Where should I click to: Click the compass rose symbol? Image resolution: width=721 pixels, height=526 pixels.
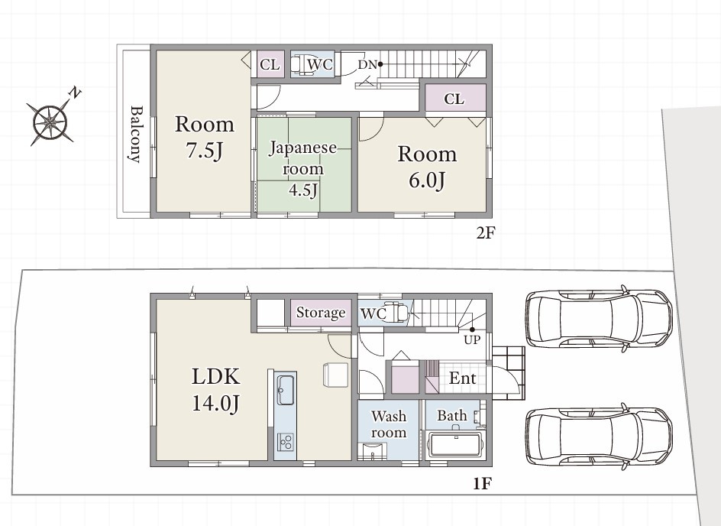click(50, 122)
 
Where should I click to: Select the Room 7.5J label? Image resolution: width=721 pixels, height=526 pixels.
click(205, 137)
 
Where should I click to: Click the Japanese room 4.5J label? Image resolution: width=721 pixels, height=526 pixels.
click(303, 168)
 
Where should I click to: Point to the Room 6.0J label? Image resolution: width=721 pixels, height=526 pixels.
click(427, 167)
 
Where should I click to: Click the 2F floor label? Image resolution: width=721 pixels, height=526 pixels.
click(485, 233)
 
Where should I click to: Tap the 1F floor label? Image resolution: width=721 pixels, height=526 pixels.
click(483, 484)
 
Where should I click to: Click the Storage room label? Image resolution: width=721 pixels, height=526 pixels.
click(321, 313)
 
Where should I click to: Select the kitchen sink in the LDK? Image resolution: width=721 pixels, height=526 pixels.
click(286, 390)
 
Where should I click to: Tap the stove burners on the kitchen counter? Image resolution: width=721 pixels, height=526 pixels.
click(286, 442)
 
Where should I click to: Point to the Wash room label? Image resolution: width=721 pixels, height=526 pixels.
click(389, 424)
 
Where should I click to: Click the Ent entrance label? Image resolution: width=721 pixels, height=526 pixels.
click(462, 378)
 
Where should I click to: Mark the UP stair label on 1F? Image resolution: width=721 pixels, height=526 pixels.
click(472, 340)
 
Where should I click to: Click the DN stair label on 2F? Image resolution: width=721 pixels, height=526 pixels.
click(367, 65)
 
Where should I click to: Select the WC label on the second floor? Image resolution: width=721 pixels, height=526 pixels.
click(320, 64)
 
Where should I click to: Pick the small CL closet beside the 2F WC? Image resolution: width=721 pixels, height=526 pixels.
click(270, 64)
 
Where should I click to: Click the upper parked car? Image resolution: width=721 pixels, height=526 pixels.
click(599, 318)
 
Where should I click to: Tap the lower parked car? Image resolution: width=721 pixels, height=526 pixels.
click(599, 437)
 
